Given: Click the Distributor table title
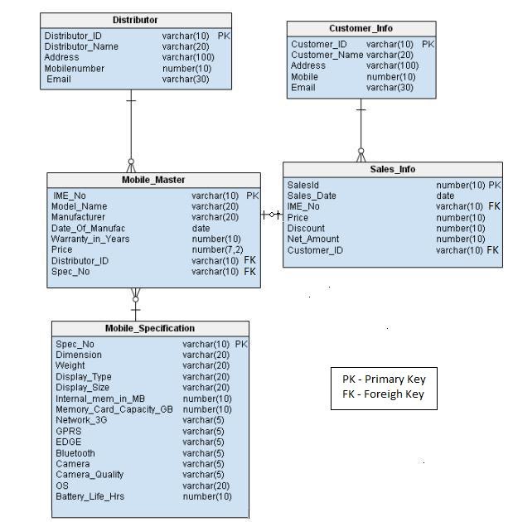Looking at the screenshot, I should coord(135,20).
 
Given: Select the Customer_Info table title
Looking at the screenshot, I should coord(361,28).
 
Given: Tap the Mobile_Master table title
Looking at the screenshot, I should coord(153,180).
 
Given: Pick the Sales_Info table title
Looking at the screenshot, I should coord(393,169).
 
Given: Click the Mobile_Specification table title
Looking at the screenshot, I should coord(150,328).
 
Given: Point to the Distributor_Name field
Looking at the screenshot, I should coord(81,46).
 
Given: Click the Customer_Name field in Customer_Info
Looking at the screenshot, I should coord(327,55).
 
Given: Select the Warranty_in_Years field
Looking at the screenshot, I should coord(90,239).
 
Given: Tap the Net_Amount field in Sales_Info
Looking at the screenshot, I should coord(313,239).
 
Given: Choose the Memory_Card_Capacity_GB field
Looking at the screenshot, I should coord(114,409).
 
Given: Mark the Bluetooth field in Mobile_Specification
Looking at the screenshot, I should coord(75,453).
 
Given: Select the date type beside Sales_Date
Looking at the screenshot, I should coord(445,196).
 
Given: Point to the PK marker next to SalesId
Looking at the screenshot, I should coord(495,185).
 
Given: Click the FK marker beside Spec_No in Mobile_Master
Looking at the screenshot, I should coord(250,271).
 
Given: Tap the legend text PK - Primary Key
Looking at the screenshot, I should coord(384,379).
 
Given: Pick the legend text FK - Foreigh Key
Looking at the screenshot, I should coord(383,394).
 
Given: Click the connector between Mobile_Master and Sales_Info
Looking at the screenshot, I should coord(272,215).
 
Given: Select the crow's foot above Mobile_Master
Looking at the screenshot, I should coord(131,164).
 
